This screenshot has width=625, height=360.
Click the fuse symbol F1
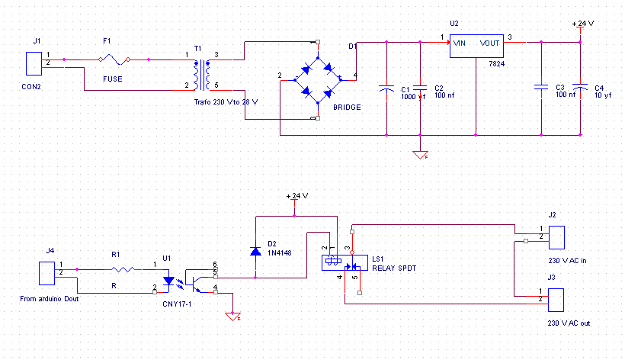114,59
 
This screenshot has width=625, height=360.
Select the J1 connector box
34,63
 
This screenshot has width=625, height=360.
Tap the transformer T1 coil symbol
202,76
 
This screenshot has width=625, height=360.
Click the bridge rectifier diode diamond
318,80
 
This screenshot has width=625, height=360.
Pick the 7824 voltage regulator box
476,47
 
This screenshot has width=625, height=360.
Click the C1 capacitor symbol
386,88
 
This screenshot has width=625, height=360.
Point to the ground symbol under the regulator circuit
420,155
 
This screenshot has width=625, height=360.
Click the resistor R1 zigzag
123,269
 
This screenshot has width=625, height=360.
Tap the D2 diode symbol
255,251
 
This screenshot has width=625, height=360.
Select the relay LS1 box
345,262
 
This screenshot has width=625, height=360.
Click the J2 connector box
556,238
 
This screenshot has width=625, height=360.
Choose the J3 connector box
556,300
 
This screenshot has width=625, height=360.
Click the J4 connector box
46,273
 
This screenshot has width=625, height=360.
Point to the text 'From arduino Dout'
50,299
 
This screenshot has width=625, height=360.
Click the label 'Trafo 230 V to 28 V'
226,102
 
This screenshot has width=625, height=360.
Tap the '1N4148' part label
280,252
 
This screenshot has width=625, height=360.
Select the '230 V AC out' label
569,323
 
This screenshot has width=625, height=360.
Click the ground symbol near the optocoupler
232,317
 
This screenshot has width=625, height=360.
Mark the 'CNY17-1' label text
177,304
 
